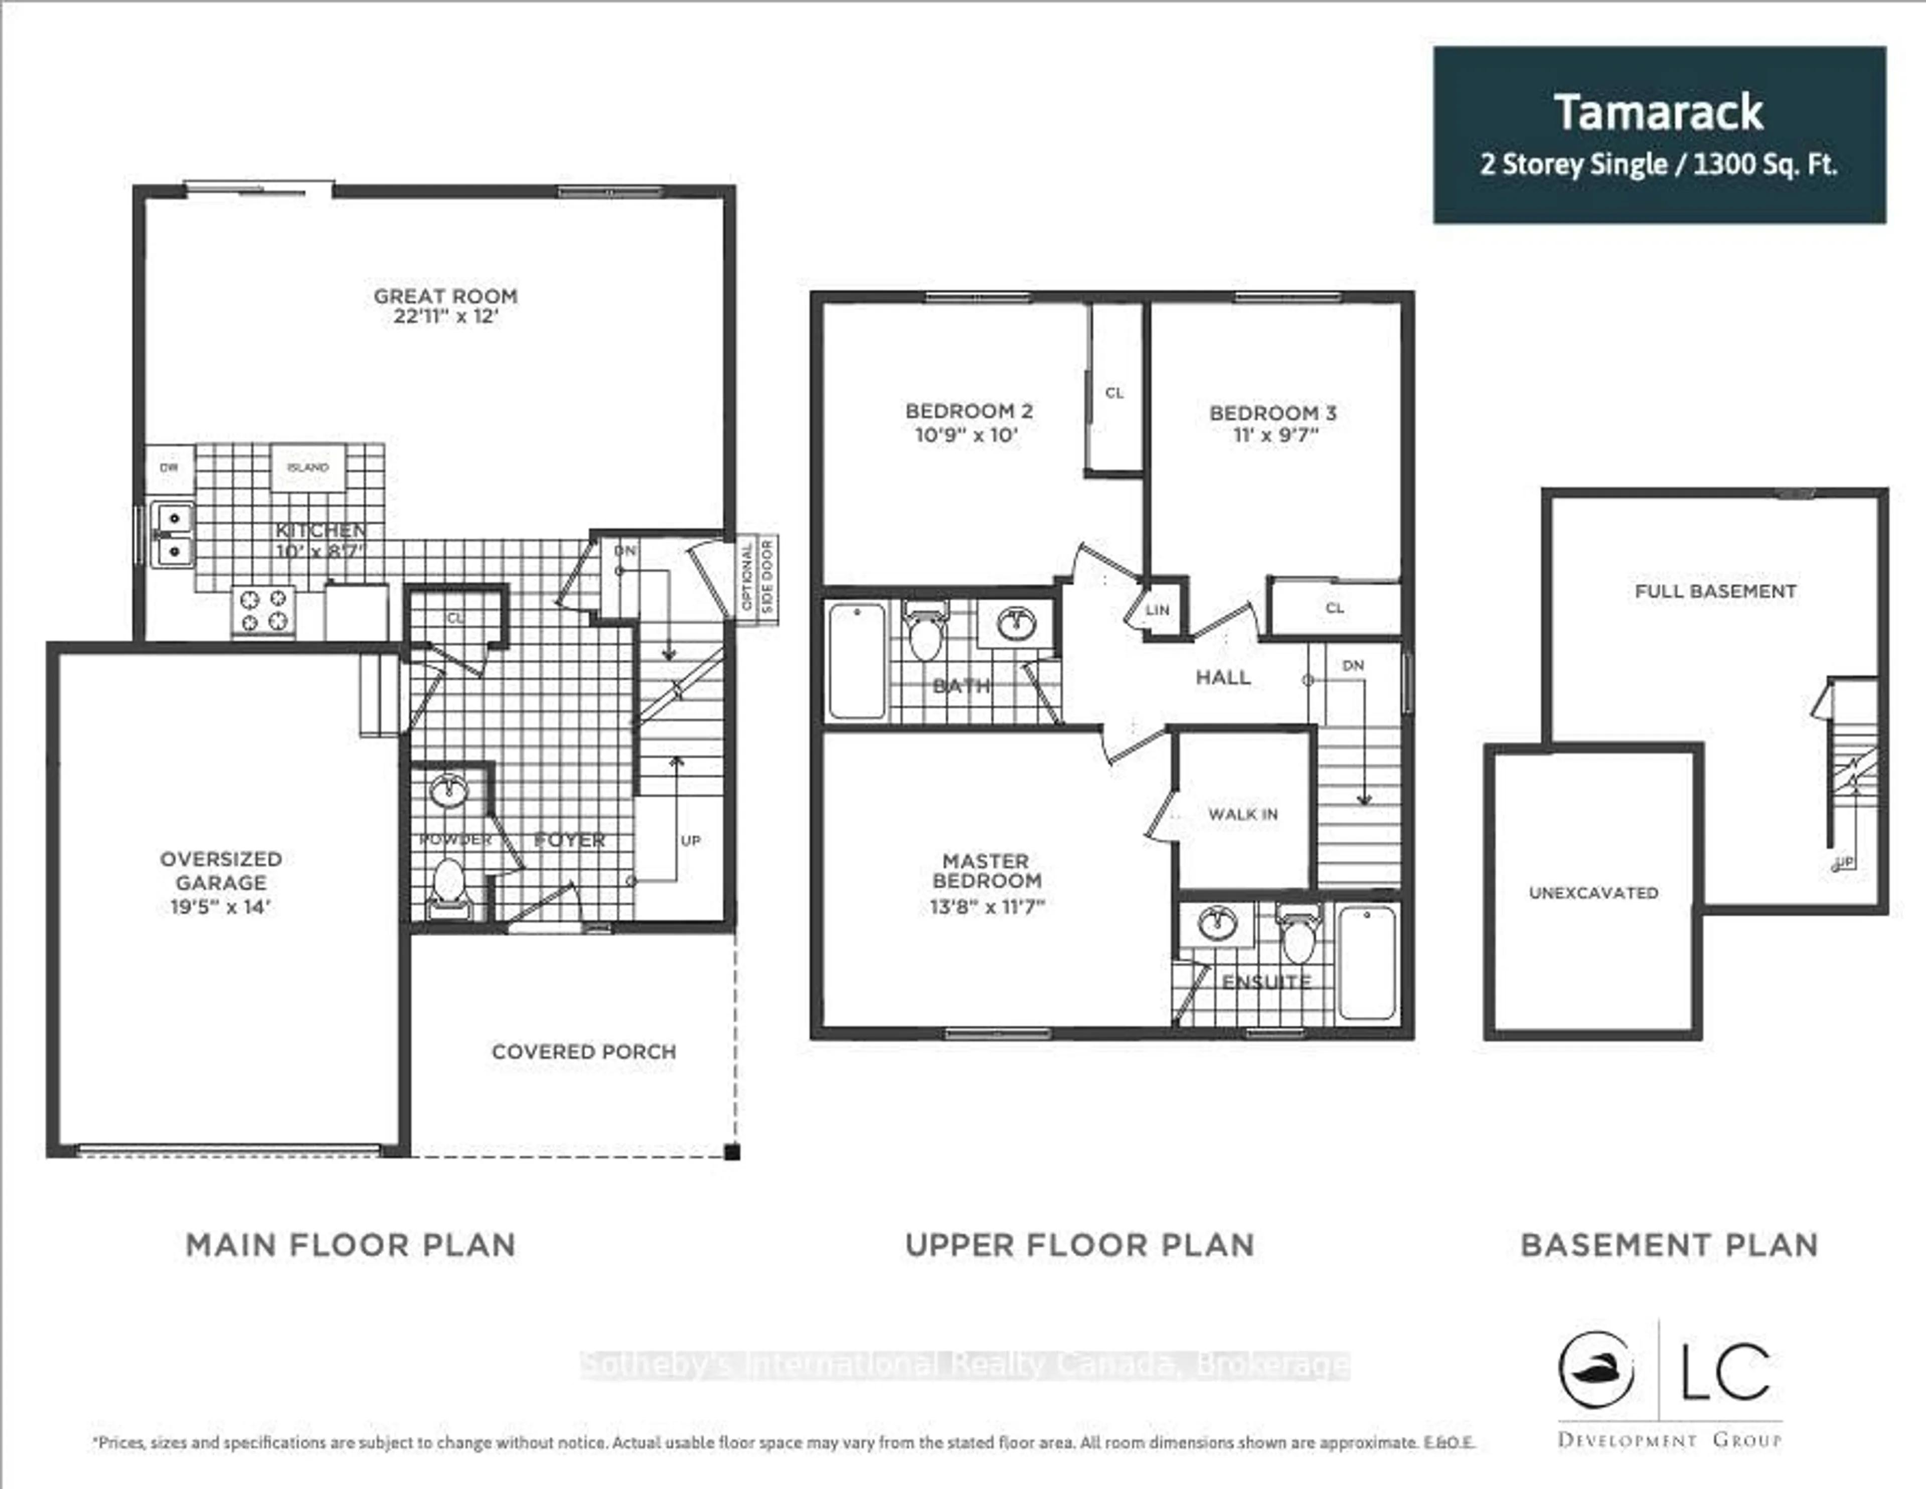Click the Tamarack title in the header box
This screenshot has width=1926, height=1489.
point(1658,113)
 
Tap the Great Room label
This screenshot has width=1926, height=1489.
point(445,296)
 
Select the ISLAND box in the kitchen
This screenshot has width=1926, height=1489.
point(308,468)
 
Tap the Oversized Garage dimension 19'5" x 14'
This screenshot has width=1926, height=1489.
point(221,907)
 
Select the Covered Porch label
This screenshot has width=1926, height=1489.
point(584,1052)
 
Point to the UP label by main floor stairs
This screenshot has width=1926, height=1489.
point(691,841)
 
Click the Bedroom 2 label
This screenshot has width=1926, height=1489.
point(969,411)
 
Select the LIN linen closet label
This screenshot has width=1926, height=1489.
point(1157,610)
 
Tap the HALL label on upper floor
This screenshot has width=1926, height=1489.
point(1222,677)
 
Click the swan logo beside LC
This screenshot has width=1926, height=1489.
point(1595,1371)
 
